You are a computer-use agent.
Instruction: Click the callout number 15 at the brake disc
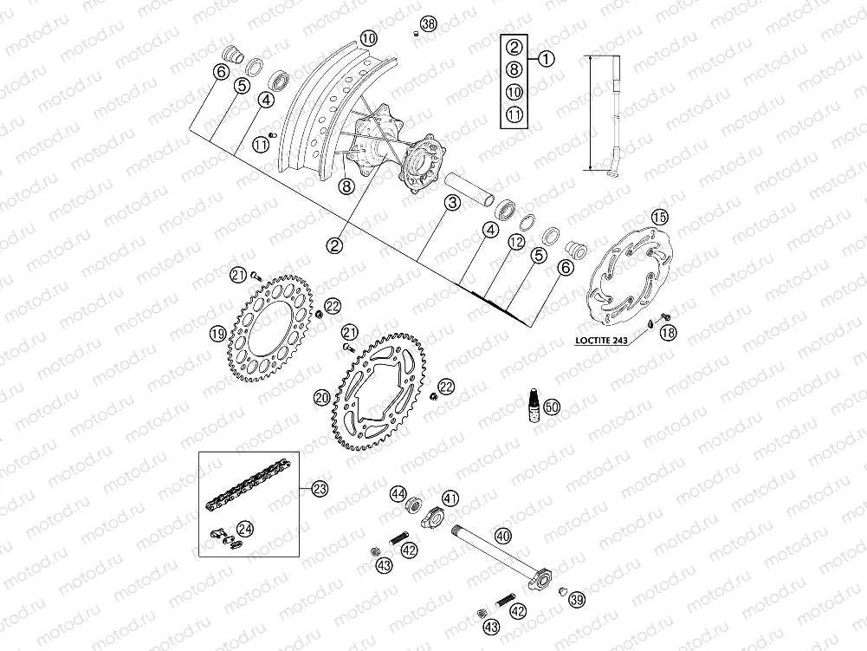[659, 217]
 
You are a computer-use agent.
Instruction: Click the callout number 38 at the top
[428, 23]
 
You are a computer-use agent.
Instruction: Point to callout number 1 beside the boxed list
[546, 59]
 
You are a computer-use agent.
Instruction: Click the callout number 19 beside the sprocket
[217, 332]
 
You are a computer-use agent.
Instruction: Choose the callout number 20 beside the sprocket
[321, 398]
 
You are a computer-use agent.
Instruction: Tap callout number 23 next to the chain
[320, 490]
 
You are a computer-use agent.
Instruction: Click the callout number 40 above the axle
[503, 536]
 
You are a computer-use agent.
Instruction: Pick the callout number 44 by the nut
[398, 494]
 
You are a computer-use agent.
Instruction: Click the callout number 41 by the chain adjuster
[450, 498]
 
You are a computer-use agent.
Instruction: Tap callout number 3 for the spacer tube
[452, 205]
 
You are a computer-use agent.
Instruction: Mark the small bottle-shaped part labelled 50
[534, 406]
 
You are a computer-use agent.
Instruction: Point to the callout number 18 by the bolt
[670, 332]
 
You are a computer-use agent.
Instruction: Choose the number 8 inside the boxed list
[514, 70]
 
